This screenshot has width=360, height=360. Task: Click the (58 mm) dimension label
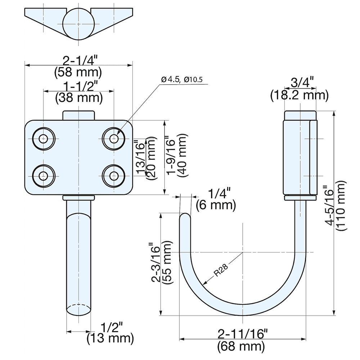78,72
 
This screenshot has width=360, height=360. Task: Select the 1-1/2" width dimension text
78,86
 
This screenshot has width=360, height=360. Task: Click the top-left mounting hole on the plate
44,138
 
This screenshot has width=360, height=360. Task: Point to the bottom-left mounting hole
44,176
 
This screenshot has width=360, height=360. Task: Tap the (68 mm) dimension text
242,347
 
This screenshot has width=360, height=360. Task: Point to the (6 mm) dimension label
216,206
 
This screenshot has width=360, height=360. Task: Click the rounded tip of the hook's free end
185,216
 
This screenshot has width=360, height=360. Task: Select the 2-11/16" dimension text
242,334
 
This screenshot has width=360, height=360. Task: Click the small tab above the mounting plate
78,115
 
